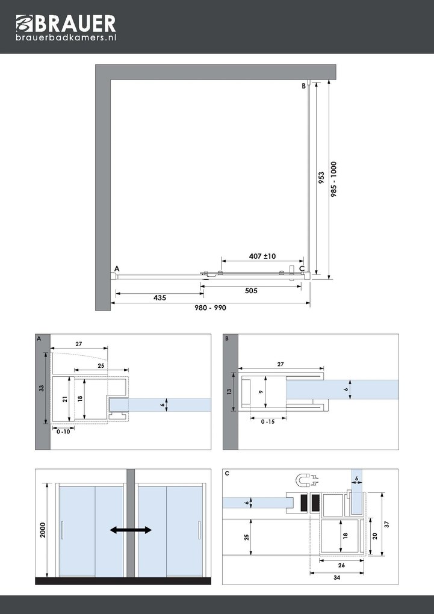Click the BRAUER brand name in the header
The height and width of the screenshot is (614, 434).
[74, 23]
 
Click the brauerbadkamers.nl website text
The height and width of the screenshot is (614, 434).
[66, 38]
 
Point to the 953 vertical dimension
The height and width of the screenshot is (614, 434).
[322, 178]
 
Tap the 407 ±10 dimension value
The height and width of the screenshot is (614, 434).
[262, 256]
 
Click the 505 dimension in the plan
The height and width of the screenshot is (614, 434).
[251, 291]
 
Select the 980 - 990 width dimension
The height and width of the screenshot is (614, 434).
[210, 307]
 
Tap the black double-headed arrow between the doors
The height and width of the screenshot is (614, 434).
[131, 530]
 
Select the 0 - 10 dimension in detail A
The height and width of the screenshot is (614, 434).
[63, 431]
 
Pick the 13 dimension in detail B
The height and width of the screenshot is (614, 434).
[229, 392]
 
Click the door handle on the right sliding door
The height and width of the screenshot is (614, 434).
[199, 532]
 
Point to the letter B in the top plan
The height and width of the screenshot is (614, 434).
[304, 87]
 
